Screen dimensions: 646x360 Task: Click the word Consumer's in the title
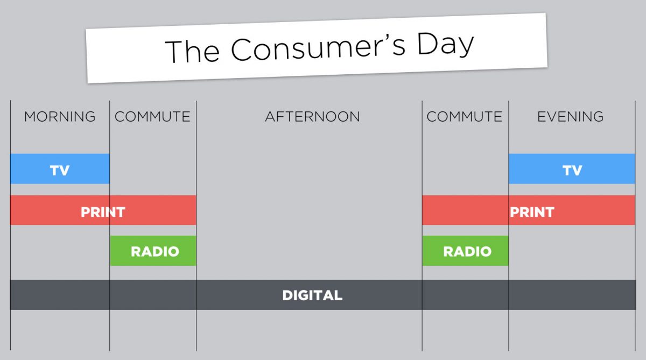tap(318, 48)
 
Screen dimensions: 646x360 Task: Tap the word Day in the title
tap(446, 44)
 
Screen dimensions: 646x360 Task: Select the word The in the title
tap(192, 51)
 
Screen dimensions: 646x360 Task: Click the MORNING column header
tap(60, 117)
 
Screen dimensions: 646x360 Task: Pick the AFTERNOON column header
tap(312, 117)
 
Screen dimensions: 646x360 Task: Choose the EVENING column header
tap(570, 117)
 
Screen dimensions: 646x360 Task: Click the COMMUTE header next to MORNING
tap(152, 117)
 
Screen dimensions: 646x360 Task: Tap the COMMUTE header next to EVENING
tap(464, 117)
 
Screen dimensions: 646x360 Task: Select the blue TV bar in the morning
tap(60, 168)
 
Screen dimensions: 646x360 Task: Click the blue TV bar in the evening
tap(572, 168)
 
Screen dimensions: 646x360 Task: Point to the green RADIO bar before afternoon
tap(153, 251)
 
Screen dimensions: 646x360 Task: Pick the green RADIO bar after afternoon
tap(466, 251)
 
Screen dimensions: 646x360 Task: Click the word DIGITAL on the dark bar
tap(312, 295)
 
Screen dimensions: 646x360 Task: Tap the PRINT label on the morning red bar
tap(103, 212)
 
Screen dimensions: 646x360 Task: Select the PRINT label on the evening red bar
tap(532, 212)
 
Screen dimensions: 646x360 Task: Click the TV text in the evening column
tap(572, 171)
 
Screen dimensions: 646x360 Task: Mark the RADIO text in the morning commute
tap(155, 251)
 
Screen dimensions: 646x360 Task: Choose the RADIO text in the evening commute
tap(467, 251)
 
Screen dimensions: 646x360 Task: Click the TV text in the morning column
tap(60, 171)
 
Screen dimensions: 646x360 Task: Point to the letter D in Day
tap(427, 43)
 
